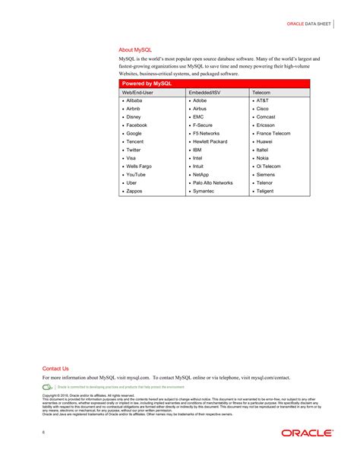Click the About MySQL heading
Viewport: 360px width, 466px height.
135,49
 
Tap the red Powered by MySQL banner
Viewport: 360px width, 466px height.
147,83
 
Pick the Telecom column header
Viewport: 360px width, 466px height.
262,92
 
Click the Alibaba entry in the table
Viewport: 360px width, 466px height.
134,100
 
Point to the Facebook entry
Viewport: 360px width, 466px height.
137,125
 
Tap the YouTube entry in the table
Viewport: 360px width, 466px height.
136,175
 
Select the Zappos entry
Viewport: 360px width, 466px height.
134,192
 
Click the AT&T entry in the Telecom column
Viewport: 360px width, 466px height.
262,100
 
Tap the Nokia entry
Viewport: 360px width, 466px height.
263,158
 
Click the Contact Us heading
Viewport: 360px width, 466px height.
55,369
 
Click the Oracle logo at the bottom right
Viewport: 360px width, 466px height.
307,433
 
